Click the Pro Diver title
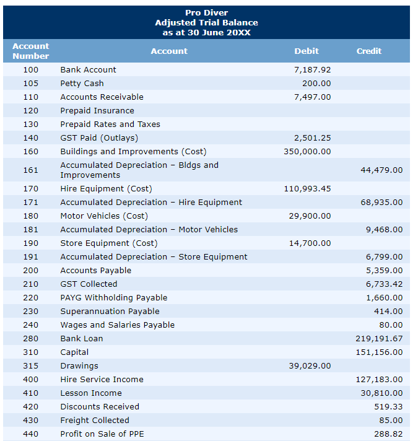point(206,13)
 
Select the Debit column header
point(307,51)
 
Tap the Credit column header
point(369,51)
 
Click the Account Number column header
point(30,51)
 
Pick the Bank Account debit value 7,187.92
point(312,69)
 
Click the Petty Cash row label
point(82,83)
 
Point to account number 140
point(30,138)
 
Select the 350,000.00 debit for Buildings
point(307,151)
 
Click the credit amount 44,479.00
point(381,170)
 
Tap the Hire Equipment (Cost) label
point(106,188)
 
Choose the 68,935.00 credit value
point(381,202)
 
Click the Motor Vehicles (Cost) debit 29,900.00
point(310,216)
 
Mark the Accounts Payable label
point(95,270)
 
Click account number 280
point(30,338)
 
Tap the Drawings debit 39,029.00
point(310,365)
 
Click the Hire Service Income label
point(102,379)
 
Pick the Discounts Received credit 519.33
point(388,406)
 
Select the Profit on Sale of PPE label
point(102,434)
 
